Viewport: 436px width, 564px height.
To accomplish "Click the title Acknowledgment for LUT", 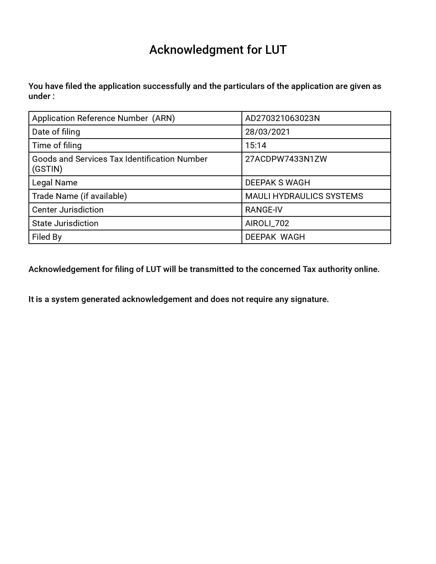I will [218, 49].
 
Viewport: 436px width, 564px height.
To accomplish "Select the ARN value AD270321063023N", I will [282, 118].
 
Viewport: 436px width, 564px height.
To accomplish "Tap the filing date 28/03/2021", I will [267, 132].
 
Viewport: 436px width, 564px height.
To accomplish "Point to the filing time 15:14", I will [255, 145].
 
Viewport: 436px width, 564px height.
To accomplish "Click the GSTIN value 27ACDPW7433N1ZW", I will [286, 159].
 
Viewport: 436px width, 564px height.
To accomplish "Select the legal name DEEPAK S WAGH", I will [278, 183].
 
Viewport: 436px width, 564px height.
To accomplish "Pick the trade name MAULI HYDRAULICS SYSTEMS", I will [304, 196].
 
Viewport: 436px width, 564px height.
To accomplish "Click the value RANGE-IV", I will [264, 210].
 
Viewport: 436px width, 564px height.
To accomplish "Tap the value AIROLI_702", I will [267, 223].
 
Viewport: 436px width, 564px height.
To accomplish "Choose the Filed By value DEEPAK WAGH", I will [275, 237].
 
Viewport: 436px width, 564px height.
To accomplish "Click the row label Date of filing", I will [56, 132].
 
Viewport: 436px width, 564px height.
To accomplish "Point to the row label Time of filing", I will [57, 145].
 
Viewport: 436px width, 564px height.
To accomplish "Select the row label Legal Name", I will [55, 183].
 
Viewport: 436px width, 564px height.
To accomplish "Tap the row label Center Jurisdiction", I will [68, 210].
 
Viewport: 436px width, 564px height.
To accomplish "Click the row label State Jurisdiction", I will [65, 223].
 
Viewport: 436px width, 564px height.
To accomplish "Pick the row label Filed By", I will [47, 237].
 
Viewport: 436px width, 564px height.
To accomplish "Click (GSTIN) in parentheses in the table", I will [47, 169].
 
